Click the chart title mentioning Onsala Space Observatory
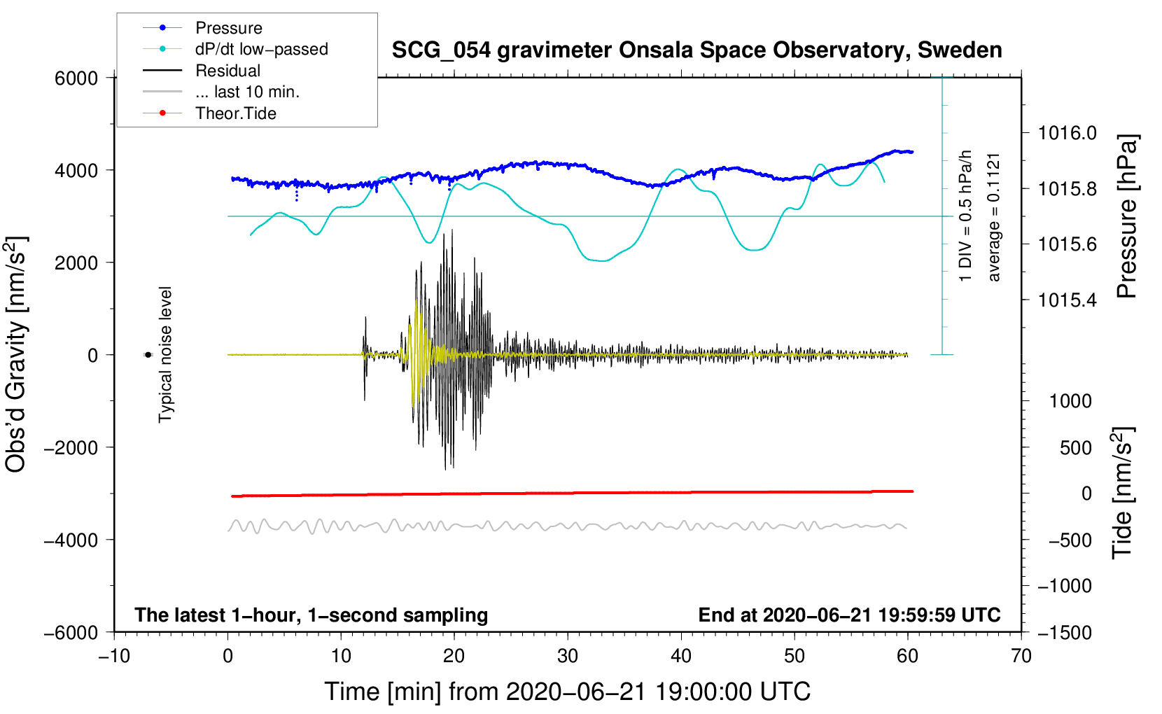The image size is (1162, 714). click(696, 50)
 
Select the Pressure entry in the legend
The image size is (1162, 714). click(229, 28)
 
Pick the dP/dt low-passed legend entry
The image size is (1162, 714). click(261, 49)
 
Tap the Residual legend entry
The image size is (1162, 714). click(227, 71)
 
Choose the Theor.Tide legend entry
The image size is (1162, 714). click(235, 113)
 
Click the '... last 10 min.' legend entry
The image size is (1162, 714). click(247, 92)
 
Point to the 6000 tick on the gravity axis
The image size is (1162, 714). click(76, 78)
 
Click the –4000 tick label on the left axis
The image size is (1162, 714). click(71, 540)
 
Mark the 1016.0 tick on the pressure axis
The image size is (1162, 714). click(1067, 133)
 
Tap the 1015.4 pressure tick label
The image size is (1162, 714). click(1067, 300)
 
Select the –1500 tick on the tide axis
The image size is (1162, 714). click(1064, 632)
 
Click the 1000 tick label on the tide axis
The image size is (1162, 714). click(1070, 401)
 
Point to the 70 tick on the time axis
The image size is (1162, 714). click(1021, 656)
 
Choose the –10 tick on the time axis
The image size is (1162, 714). click(114, 656)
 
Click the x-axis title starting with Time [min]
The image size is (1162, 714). click(567, 692)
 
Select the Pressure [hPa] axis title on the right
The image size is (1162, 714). click(1126, 216)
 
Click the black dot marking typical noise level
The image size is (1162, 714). click(148, 355)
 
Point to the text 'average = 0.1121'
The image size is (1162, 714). click(994, 217)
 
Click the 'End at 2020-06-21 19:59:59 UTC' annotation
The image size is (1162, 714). click(849, 615)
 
